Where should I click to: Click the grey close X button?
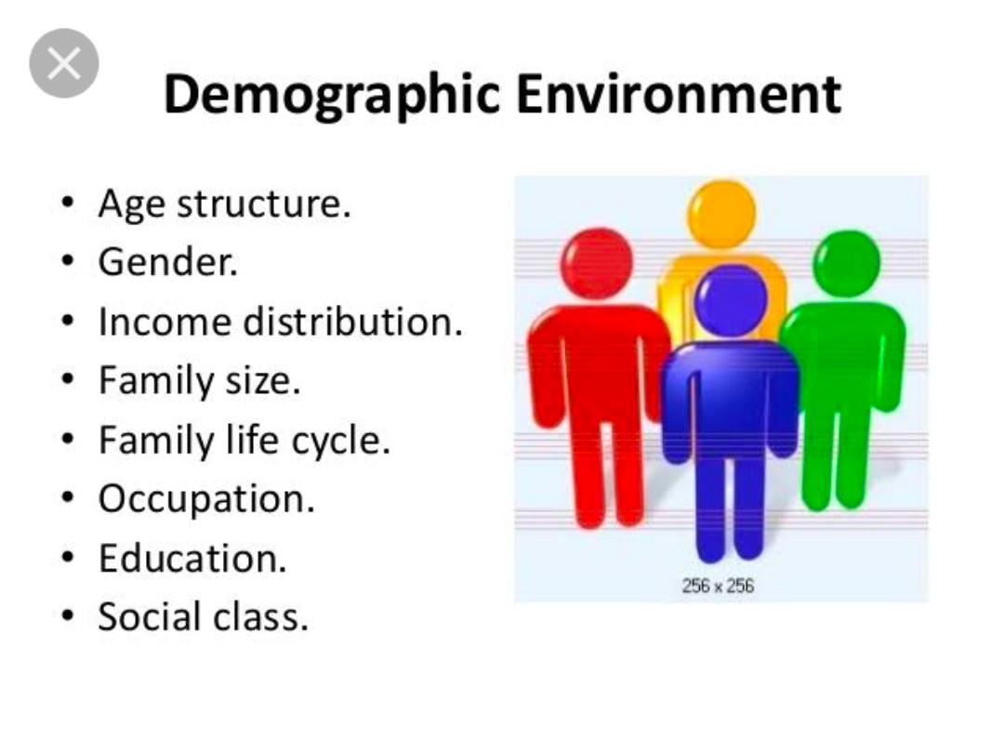(x=64, y=63)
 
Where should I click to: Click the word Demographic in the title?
(x=331, y=95)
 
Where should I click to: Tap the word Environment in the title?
(x=680, y=95)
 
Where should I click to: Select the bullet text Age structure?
(x=224, y=204)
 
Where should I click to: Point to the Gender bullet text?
(x=168, y=262)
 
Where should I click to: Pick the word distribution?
(x=352, y=322)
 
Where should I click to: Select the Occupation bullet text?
(x=206, y=499)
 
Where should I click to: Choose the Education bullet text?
(x=192, y=559)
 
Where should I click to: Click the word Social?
(x=150, y=617)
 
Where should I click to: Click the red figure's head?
(x=599, y=263)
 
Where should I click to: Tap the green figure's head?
(x=846, y=263)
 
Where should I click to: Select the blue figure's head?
(x=731, y=300)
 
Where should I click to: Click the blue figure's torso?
(x=731, y=395)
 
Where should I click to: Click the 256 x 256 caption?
(x=718, y=586)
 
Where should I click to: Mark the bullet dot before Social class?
(x=68, y=617)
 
